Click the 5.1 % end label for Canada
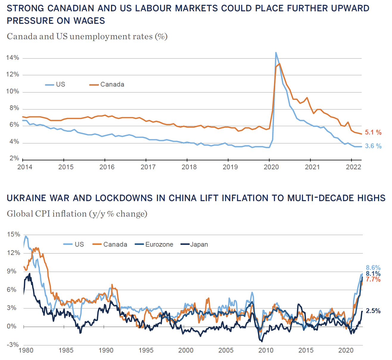(x=373, y=132)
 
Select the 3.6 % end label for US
(x=373, y=146)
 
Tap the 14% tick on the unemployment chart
(x=13, y=58)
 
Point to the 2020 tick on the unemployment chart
(x=271, y=167)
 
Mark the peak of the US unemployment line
(x=276, y=53)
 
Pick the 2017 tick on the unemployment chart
(x=148, y=167)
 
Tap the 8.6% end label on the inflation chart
(x=373, y=268)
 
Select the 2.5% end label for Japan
(x=373, y=311)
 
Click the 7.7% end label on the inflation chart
(x=373, y=279)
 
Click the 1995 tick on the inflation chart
(x=146, y=350)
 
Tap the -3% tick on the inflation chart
(x=13, y=345)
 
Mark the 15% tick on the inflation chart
(x=13, y=234)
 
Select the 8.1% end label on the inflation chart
(x=373, y=274)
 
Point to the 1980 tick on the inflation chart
(x=26, y=350)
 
